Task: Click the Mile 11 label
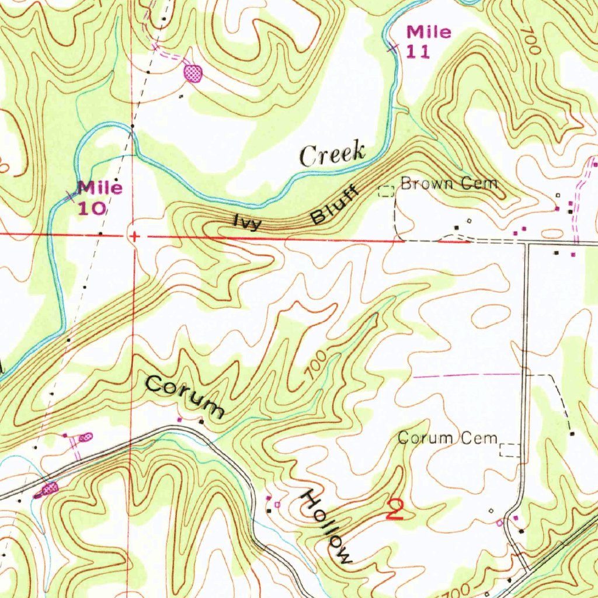(x=428, y=41)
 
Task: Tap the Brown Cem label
(x=449, y=184)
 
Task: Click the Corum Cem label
(x=447, y=437)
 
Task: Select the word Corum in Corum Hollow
(x=185, y=397)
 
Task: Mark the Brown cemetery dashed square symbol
(x=387, y=190)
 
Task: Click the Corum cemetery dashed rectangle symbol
(x=510, y=450)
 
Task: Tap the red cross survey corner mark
(x=134, y=237)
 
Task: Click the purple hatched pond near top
(x=193, y=73)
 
